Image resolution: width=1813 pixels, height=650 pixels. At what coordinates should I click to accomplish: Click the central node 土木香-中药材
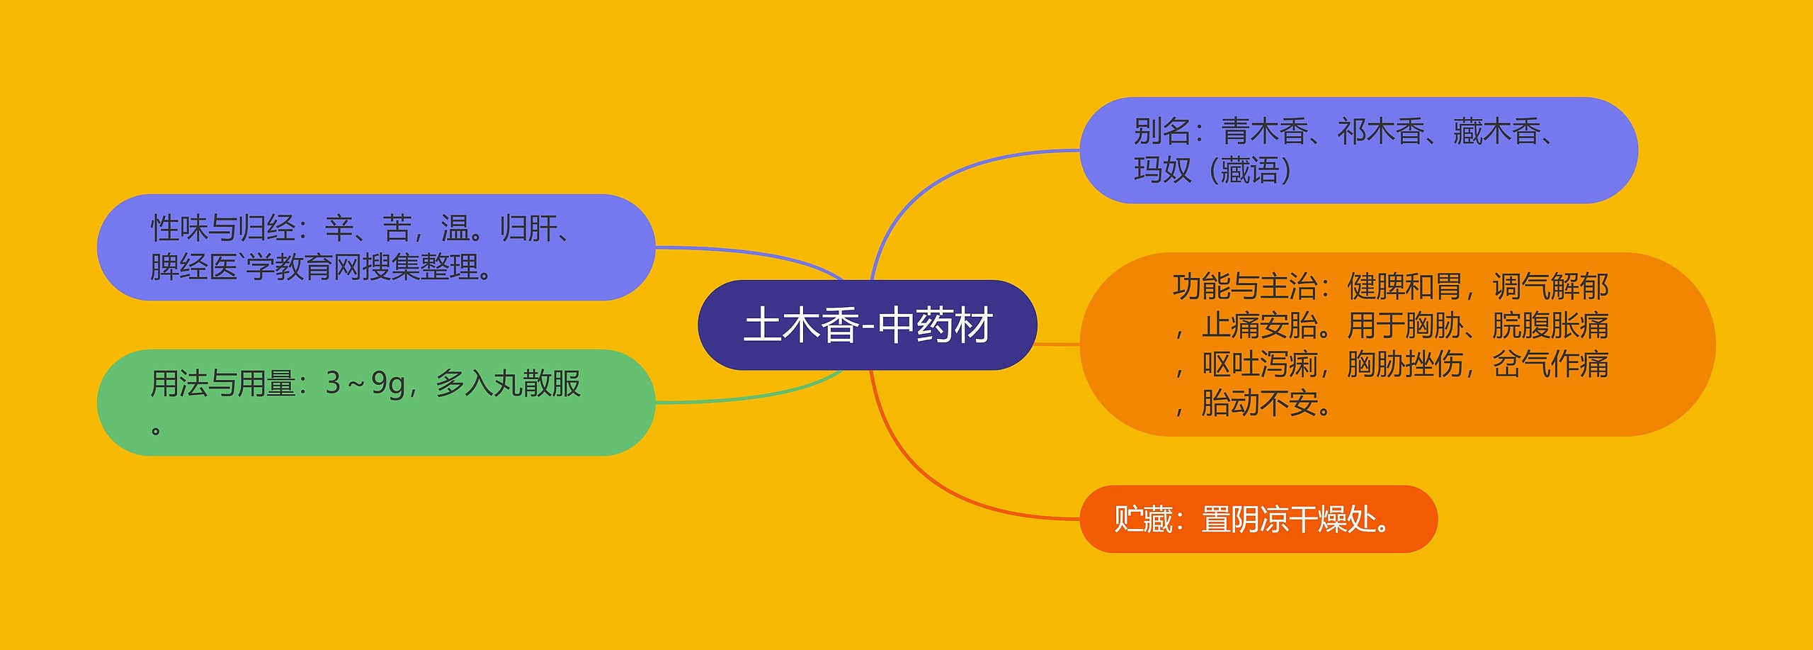pyautogui.click(x=868, y=325)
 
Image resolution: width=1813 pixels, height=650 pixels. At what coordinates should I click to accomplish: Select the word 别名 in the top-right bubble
pyautogui.click(x=1163, y=131)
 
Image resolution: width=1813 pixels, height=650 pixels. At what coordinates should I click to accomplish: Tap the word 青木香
pyautogui.click(x=1265, y=131)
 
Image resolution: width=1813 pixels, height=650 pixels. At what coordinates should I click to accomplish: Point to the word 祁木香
pyautogui.click(x=1381, y=131)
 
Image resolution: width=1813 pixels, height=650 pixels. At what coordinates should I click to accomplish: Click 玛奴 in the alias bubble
pyautogui.click(x=1163, y=170)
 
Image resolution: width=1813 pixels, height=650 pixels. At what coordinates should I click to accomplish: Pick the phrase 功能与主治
pyautogui.click(x=1245, y=286)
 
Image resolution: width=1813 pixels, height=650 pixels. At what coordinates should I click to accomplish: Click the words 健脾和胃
pyautogui.click(x=1404, y=286)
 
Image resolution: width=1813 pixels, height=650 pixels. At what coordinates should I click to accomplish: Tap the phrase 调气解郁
pyautogui.click(x=1550, y=286)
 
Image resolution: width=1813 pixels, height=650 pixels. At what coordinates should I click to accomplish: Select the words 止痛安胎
pyautogui.click(x=1259, y=325)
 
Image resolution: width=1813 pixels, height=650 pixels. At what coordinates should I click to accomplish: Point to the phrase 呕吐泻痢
pyautogui.click(x=1259, y=364)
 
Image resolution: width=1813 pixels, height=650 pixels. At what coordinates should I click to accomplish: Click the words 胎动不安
pyautogui.click(x=1259, y=403)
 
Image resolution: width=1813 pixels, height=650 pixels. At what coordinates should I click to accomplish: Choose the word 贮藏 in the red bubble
pyautogui.click(x=1144, y=520)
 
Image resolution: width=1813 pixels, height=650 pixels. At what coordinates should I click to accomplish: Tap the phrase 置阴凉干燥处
pyautogui.click(x=1289, y=520)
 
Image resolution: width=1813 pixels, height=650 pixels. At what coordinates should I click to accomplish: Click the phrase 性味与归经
pyautogui.click(x=222, y=228)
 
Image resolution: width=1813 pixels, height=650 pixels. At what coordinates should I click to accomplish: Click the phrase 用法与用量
pyautogui.click(x=222, y=383)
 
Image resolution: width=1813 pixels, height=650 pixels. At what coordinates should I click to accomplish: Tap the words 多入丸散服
pyautogui.click(x=508, y=383)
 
